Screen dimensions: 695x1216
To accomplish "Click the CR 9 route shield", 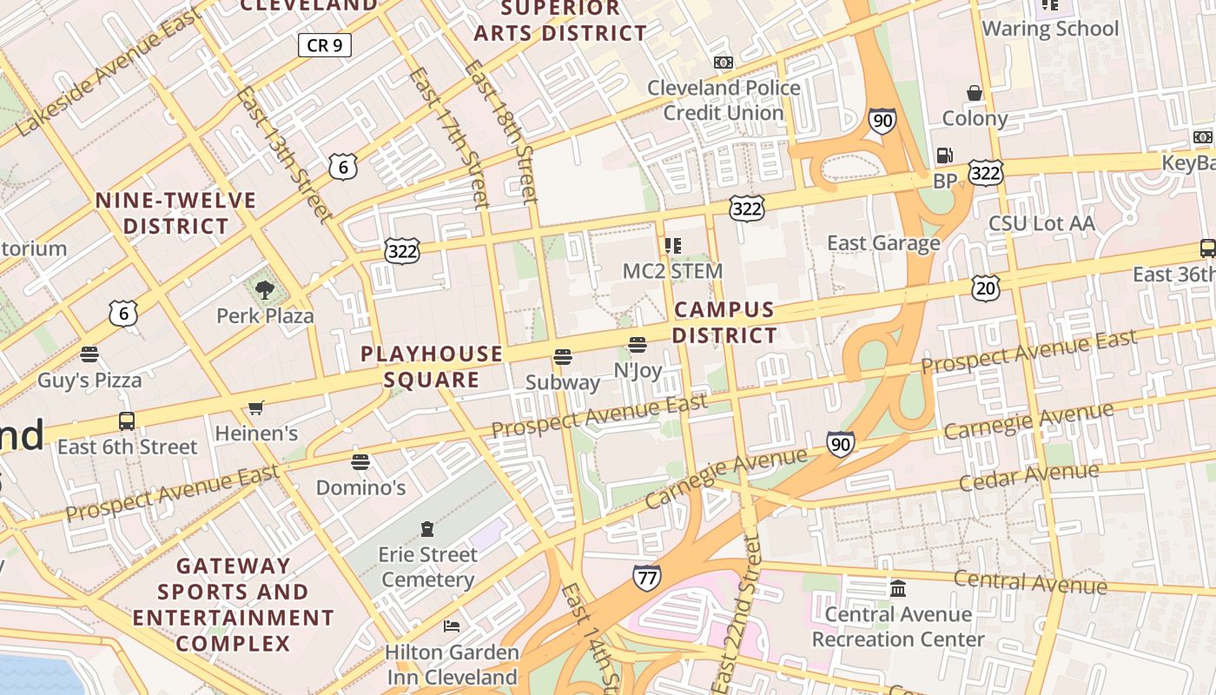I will (x=325, y=45).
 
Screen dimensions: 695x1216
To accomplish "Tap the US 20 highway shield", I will (x=986, y=288).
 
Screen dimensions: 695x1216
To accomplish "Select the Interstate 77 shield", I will (x=646, y=577).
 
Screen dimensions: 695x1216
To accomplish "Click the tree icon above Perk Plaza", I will (x=265, y=289).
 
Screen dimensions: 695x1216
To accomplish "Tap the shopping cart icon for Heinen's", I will (x=255, y=407).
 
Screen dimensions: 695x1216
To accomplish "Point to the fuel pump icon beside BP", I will (x=944, y=156).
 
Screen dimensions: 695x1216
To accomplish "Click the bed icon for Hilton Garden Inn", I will (x=452, y=625).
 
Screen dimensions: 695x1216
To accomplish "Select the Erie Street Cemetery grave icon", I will (x=426, y=528).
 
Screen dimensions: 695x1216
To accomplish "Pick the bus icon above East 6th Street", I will (x=127, y=421).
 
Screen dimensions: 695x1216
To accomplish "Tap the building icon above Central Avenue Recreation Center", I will (x=898, y=589).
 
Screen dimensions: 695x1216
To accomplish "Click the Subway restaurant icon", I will (x=563, y=357).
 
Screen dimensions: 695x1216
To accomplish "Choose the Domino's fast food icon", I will (x=360, y=461).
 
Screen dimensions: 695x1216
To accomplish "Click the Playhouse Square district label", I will (x=432, y=367).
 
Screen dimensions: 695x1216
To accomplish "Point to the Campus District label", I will (x=724, y=322).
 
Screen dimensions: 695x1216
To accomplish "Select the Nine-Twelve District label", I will (x=175, y=214).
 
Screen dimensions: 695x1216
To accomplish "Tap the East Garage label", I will (x=883, y=243).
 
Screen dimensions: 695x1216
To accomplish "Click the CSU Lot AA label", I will (x=1041, y=223).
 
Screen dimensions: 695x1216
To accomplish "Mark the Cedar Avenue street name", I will (x=1029, y=476).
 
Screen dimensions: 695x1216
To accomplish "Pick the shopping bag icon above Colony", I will (x=975, y=93).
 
